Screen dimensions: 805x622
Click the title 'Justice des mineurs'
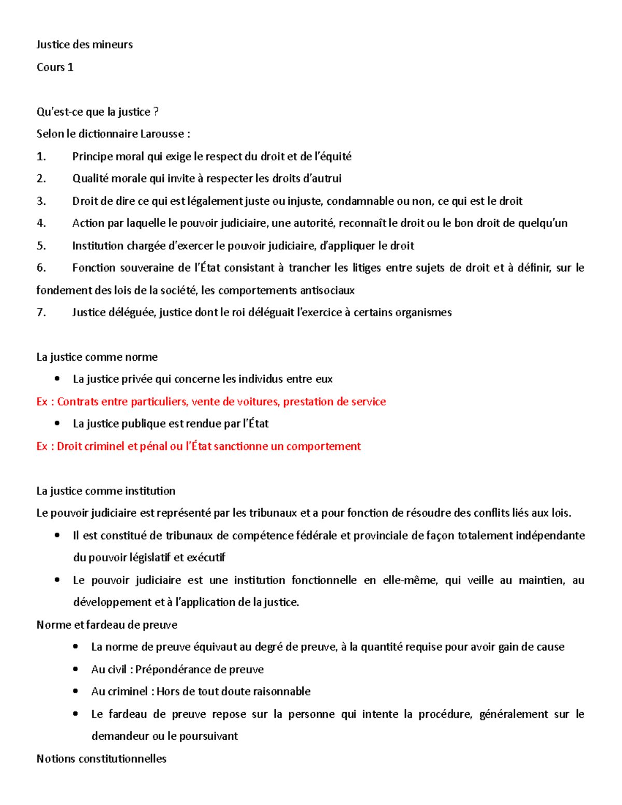(84, 45)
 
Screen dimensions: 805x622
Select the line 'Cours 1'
(55, 67)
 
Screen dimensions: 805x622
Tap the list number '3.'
(41, 201)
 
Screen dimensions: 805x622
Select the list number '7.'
(41, 313)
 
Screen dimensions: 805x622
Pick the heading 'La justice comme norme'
(97, 357)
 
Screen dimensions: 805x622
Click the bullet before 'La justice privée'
(57, 379)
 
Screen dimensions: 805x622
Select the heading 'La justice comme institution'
(106, 491)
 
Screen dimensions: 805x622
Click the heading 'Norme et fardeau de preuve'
(107, 625)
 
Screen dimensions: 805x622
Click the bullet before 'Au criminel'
(76, 691)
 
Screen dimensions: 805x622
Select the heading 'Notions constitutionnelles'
(102, 759)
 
